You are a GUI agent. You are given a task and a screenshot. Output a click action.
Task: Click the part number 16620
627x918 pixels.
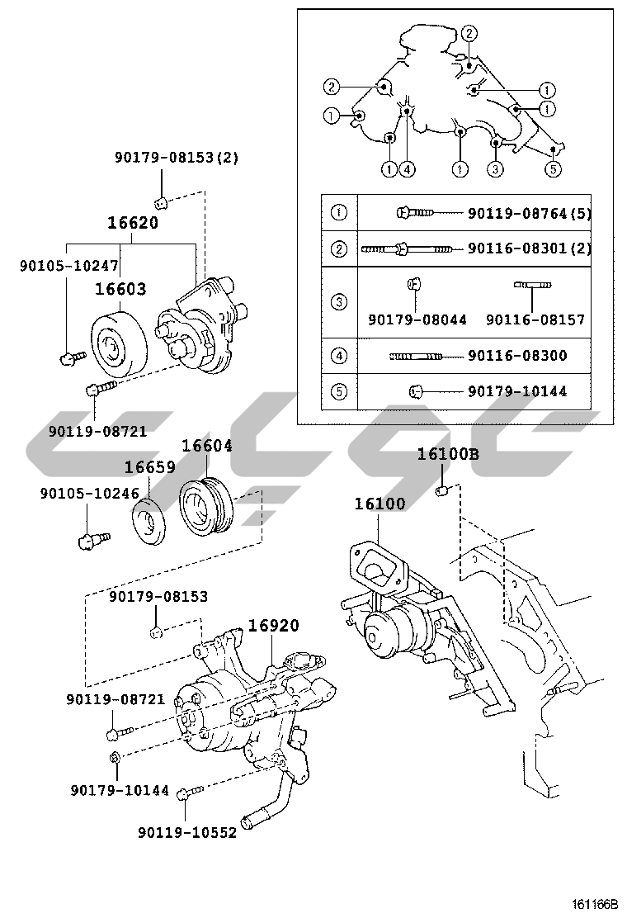pos(133,223)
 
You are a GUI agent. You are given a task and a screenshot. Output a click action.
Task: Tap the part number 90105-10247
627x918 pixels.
pos(69,266)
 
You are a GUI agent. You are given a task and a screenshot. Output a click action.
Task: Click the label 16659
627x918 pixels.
pos(149,467)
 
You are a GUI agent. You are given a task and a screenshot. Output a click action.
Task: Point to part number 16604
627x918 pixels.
pos(207,446)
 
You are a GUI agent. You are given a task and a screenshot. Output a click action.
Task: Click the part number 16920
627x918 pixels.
pos(273,626)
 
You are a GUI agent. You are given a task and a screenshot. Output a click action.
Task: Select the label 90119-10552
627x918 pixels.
pos(187,833)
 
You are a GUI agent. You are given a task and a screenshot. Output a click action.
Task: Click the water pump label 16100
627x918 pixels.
pos(379,504)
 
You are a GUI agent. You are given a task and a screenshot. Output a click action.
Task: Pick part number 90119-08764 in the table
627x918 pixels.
pos(517,214)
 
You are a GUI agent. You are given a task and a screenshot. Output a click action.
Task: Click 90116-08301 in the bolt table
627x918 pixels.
pos(517,248)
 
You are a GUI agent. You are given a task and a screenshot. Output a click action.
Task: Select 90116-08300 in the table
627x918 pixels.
pos(517,356)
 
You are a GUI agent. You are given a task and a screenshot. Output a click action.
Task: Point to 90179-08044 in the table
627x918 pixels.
pos(417,319)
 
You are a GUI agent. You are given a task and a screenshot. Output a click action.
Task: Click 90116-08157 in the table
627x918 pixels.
pos(535,319)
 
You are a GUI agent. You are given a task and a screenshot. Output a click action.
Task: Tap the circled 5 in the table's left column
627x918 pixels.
pos(338,391)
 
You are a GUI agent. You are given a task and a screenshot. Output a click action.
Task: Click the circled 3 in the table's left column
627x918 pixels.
pos(338,302)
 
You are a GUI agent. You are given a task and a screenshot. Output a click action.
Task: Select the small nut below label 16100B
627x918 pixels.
pos(441,492)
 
